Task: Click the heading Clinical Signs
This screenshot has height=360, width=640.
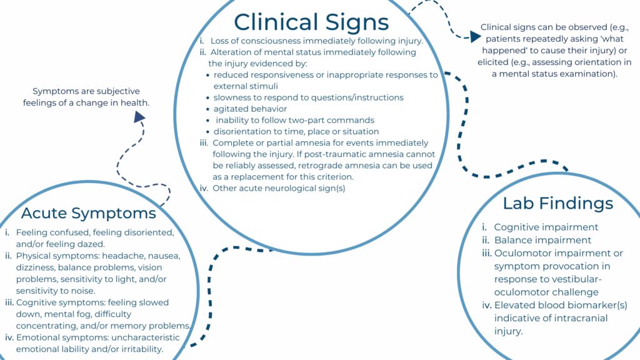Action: click(311, 22)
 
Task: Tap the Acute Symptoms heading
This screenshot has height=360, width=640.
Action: click(88, 212)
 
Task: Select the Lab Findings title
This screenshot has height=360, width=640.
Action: click(557, 203)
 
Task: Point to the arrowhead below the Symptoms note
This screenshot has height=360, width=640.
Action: click(139, 116)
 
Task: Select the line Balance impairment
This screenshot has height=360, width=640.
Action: click(542, 240)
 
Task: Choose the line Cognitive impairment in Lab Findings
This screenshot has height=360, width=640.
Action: click(546, 227)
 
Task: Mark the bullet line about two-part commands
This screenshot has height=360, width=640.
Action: click(294, 120)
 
